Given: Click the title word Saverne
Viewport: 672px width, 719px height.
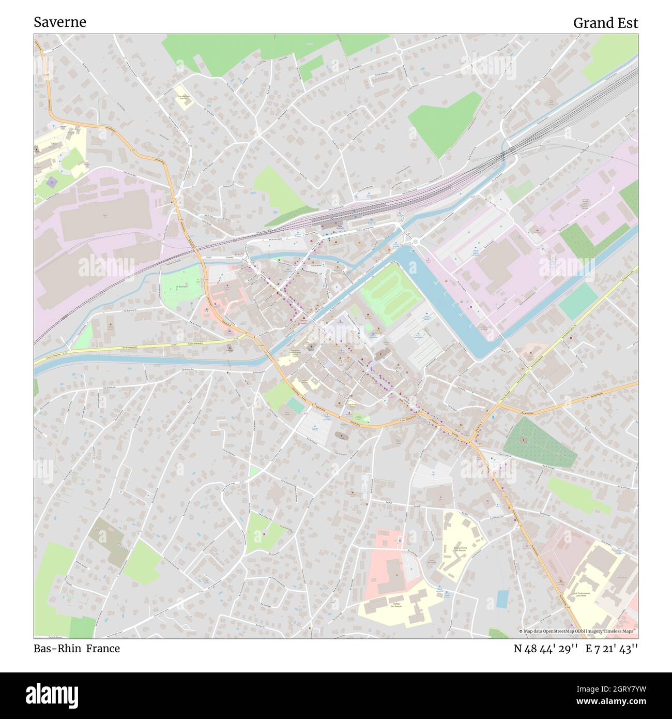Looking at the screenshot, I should click(x=60, y=22).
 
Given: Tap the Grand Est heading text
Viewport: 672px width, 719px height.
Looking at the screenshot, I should click(x=605, y=23).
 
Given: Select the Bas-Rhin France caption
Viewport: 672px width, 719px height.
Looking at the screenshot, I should click(x=77, y=649).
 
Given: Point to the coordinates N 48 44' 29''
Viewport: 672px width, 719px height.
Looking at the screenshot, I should click(x=545, y=649).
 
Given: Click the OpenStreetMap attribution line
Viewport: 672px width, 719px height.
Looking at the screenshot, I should click(x=577, y=631).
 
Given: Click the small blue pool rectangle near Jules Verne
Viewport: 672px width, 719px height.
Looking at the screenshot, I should click(x=502, y=598).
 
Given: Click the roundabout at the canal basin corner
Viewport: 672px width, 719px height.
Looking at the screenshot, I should click(x=415, y=241).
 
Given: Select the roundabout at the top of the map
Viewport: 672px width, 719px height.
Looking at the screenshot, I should click(x=399, y=51).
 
